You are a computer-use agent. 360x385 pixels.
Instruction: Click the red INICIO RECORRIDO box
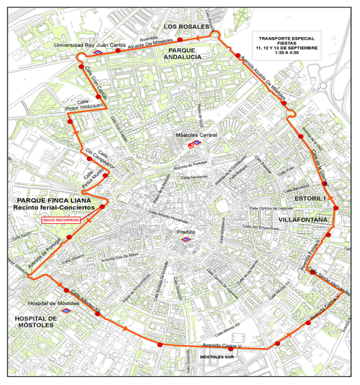coord(61,220)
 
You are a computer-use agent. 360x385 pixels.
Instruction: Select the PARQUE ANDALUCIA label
coord(185,54)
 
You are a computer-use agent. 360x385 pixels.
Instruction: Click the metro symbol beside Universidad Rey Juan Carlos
coord(98,51)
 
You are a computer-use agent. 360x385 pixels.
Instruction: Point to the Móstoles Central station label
coord(196,136)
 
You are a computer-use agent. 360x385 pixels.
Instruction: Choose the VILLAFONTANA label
coord(303,220)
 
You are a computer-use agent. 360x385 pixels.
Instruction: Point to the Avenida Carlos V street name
coord(222,345)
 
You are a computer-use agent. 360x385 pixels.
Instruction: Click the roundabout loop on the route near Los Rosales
coord(215,34)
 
